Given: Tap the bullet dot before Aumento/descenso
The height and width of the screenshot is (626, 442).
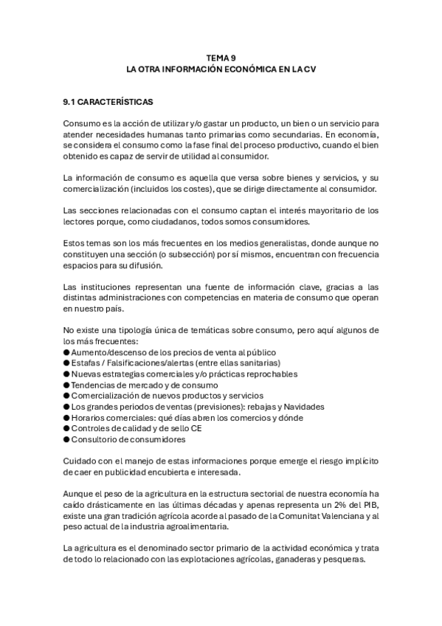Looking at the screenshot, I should click(66, 353).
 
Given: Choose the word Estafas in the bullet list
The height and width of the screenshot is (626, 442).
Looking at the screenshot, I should click(87, 363).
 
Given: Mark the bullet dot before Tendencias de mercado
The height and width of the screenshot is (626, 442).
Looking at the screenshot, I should click(66, 385).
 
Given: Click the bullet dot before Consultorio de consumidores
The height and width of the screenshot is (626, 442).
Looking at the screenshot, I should click(66, 439).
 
